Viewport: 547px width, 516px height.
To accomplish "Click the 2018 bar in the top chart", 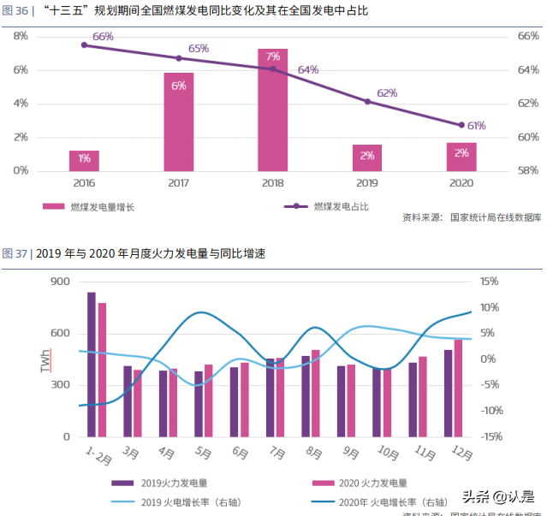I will click(x=272, y=110).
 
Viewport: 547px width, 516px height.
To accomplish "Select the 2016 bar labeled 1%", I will click(x=84, y=160).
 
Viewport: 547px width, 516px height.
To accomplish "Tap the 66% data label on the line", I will click(x=103, y=37).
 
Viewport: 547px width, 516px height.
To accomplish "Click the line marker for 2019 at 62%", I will click(x=367, y=102).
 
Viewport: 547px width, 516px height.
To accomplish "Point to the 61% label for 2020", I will click(x=476, y=126).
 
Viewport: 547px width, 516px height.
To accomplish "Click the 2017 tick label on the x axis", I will click(x=178, y=183).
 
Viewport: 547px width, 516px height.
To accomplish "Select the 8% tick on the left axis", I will click(x=19, y=36).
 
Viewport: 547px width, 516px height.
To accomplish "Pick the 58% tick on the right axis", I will click(x=528, y=170).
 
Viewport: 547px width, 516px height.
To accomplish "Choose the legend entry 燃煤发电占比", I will click(x=340, y=206).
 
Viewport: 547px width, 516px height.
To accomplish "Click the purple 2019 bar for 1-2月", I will click(x=92, y=365).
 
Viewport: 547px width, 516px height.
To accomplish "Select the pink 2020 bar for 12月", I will click(x=458, y=388).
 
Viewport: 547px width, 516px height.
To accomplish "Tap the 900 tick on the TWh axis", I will click(x=60, y=282).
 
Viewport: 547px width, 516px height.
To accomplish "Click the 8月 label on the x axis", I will click(x=314, y=453).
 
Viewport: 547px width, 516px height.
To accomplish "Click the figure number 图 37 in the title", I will click(x=15, y=253).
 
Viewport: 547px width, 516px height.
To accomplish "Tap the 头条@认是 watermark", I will click(x=498, y=496).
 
